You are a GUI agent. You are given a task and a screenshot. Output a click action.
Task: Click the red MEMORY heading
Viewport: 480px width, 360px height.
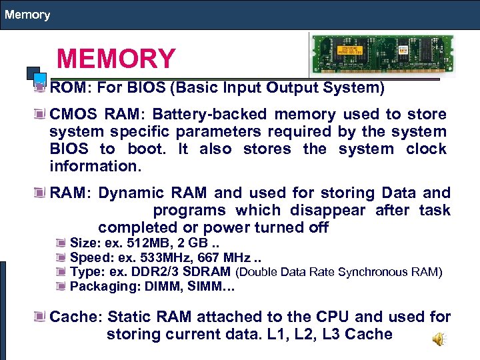click(x=116, y=59)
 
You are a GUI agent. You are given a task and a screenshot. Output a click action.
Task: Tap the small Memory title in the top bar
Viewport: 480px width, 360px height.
click(x=27, y=14)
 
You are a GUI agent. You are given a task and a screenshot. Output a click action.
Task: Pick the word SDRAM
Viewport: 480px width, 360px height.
click(x=209, y=272)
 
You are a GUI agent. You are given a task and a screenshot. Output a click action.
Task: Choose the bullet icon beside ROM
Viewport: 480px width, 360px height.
click(x=41, y=87)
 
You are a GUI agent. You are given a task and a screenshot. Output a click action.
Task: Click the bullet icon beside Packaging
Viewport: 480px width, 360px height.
click(x=61, y=287)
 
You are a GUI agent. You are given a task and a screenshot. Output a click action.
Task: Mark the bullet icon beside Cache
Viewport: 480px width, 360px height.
click(x=41, y=317)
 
